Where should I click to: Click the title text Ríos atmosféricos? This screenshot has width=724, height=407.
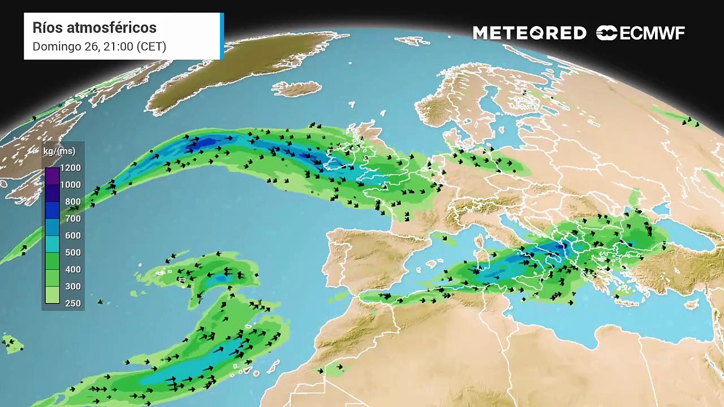pyautogui.click(x=94, y=28)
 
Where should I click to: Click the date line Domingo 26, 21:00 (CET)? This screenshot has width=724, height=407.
pyautogui.click(x=99, y=46)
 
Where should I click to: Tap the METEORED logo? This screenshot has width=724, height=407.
pyautogui.click(x=529, y=33)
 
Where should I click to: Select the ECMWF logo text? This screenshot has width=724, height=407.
pyautogui.click(x=652, y=33)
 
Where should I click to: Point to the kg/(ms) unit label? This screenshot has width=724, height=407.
pyautogui.click(x=59, y=151)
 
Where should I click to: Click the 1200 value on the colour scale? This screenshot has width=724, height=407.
pyautogui.click(x=70, y=168)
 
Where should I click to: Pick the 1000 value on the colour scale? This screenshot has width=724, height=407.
pyautogui.click(x=70, y=185)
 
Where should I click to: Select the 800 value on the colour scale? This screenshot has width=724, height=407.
pyautogui.click(x=72, y=202)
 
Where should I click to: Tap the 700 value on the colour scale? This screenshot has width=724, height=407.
pyautogui.click(x=72, y=219)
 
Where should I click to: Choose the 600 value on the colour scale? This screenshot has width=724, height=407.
pyautogui.click(x=72, y=236)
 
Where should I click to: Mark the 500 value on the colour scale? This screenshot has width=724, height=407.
pyautogui.click(x=72, y=253)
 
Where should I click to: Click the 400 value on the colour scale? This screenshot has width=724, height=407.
pyautogui.click(x=72, y=270)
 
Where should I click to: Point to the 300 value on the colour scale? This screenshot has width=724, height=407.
pyautogui.click(x=72, y=287)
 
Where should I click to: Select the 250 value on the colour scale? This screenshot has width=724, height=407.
pyautogui.click(x=72, y=304)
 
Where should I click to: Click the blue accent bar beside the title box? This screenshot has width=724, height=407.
pyautogui.click(x=222, y=36)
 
